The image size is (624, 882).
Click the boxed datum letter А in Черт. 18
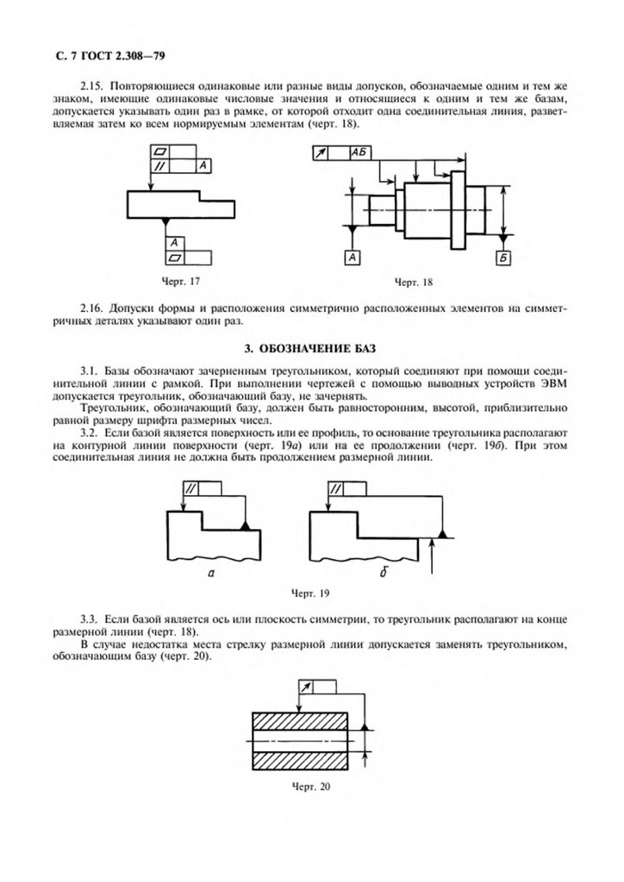coord(353,257)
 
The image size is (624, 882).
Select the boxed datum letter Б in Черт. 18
coord(503,257)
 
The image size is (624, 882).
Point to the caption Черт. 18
coord(413,283)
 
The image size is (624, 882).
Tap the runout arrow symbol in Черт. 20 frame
coord(304,686)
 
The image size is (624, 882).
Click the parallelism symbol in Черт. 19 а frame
coord(190,488)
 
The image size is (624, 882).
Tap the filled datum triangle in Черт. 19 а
coord(246,525)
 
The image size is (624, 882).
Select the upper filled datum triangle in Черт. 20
coord(365,728)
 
